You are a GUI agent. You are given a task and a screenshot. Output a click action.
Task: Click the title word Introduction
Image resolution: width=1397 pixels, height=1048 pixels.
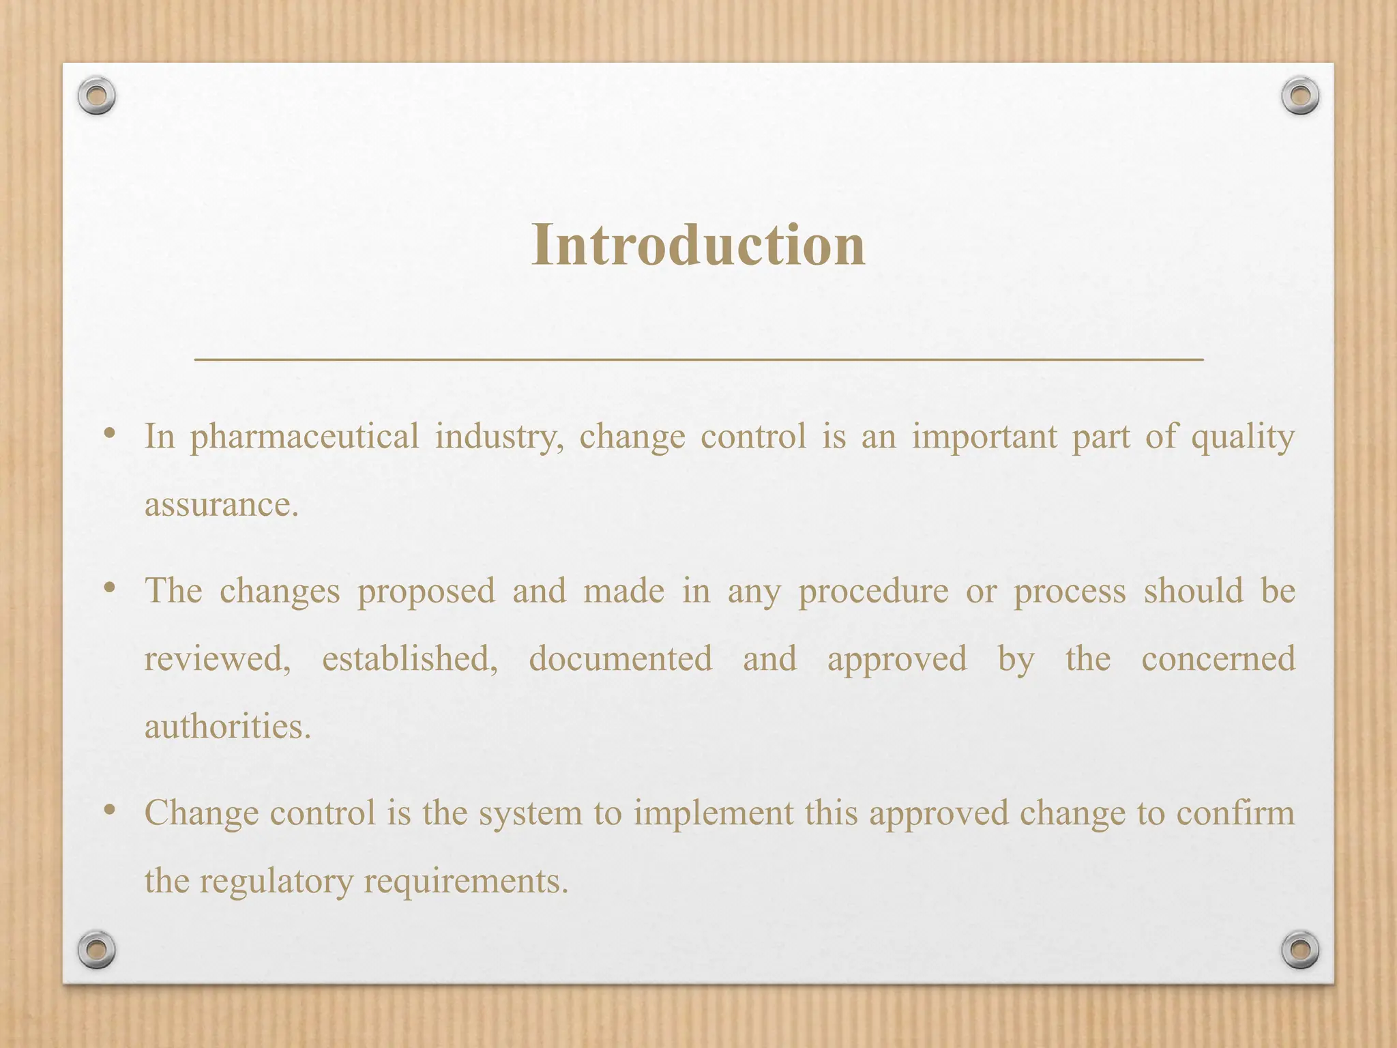point(698,245)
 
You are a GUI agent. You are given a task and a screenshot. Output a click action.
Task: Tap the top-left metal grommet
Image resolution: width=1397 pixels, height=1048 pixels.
point(96,96)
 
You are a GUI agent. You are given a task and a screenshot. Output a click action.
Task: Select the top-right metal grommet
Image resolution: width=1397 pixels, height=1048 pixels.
point(1300,96)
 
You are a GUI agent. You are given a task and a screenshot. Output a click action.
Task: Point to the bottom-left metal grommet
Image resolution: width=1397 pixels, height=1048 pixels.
point(96,949)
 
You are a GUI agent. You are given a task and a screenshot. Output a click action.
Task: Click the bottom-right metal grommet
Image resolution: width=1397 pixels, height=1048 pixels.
point(1300,949)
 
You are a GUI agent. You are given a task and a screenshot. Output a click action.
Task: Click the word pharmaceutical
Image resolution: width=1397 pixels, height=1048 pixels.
point(304,437)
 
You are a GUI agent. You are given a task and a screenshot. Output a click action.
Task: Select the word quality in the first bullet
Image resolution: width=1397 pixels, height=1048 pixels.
point(1243,437)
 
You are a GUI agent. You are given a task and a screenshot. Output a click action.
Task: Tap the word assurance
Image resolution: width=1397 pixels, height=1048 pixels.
point(221,506)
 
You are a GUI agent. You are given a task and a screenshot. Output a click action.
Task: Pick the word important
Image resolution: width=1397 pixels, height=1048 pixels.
point(984,437)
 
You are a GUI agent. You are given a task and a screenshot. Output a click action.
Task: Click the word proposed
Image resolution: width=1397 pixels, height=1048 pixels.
point(426,592)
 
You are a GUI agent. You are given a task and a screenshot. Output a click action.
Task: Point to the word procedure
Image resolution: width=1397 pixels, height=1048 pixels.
point(873,592)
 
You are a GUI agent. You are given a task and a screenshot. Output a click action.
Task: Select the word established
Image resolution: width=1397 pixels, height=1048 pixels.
point(410,659)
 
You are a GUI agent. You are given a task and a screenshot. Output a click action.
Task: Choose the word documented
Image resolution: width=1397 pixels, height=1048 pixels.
point(620,659)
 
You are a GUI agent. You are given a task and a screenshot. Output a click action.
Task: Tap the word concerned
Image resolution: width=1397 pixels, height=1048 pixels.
point(1218,659)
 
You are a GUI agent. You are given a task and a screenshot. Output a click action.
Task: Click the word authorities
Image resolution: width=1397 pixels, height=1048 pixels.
point(227,727)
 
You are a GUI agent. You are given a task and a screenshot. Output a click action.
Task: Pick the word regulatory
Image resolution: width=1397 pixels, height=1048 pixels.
point(275,881)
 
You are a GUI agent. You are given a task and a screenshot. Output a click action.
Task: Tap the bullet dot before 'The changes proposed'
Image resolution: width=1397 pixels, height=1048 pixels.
point(109,587)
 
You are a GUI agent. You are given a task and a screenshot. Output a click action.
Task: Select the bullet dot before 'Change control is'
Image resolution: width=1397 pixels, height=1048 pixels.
point(109,810)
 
